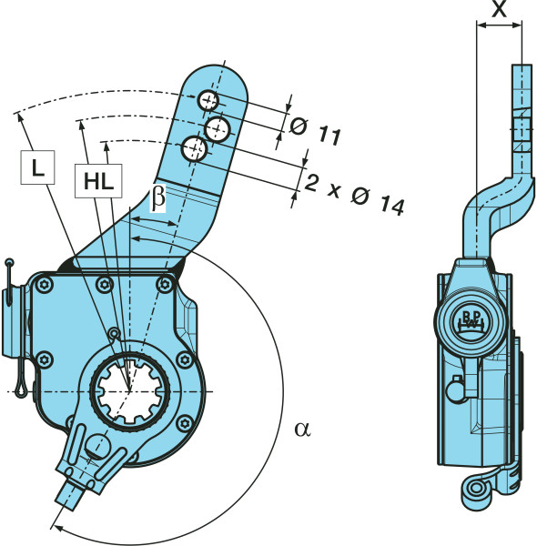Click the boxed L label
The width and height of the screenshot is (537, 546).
tap(37, 167)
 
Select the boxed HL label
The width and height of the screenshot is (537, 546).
tap(98, 181)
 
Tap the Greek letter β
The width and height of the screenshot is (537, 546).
tap(157, 198)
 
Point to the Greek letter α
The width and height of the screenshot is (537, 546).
tap(302, 429)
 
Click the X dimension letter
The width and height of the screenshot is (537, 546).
tap(499, 9)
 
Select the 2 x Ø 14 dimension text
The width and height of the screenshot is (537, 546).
tap(354, 195)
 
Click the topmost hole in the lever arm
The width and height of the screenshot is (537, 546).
tap(208, 101)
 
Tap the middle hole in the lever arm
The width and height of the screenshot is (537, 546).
tap(218, 129)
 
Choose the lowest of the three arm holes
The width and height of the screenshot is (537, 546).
tap(194, 149)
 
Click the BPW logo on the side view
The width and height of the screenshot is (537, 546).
tap(471, 320)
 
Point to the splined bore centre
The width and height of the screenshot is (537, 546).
tap(129, 391)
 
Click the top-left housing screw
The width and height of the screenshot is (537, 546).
tap(45, 285)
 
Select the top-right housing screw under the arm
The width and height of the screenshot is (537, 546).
tap(165, 285)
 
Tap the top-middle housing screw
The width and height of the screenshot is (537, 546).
tap(105, 285)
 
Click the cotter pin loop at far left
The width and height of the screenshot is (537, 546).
tap(21, 387)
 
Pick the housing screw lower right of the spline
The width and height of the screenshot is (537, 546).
tap(184, 423)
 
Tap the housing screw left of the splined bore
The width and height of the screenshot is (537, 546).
tap(45, 359)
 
